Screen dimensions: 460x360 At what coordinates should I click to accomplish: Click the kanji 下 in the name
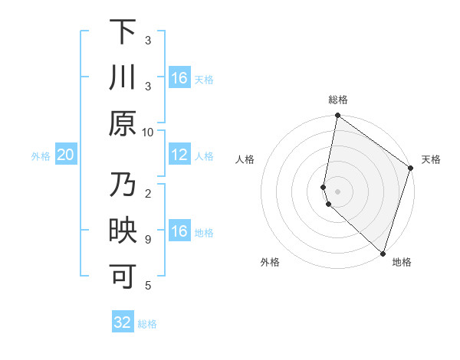point(123,32)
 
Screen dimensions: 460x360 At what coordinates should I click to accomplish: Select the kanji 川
point(123,78)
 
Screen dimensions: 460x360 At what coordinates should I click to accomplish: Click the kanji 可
point(123,278)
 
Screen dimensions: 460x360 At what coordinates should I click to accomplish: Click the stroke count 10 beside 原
point(148,132)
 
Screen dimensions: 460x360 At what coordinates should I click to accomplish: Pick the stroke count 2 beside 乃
point(148,193)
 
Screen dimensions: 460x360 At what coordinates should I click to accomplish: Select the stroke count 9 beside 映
point(148,239)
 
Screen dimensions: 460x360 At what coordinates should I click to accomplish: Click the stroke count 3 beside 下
point(148,40)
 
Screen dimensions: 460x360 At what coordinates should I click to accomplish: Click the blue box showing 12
point(179,155)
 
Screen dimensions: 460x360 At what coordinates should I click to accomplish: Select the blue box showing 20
point(66,155)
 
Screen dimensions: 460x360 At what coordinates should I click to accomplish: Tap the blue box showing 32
point(123,322)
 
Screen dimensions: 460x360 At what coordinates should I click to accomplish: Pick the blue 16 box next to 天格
point(179,78)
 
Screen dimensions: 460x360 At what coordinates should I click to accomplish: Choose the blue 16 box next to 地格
point(179,232)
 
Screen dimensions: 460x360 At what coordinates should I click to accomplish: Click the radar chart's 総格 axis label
point(338,100)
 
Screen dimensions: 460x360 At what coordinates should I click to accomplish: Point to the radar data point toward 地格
point(383,253)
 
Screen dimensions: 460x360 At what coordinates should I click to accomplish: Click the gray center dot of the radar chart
point(338,190)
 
